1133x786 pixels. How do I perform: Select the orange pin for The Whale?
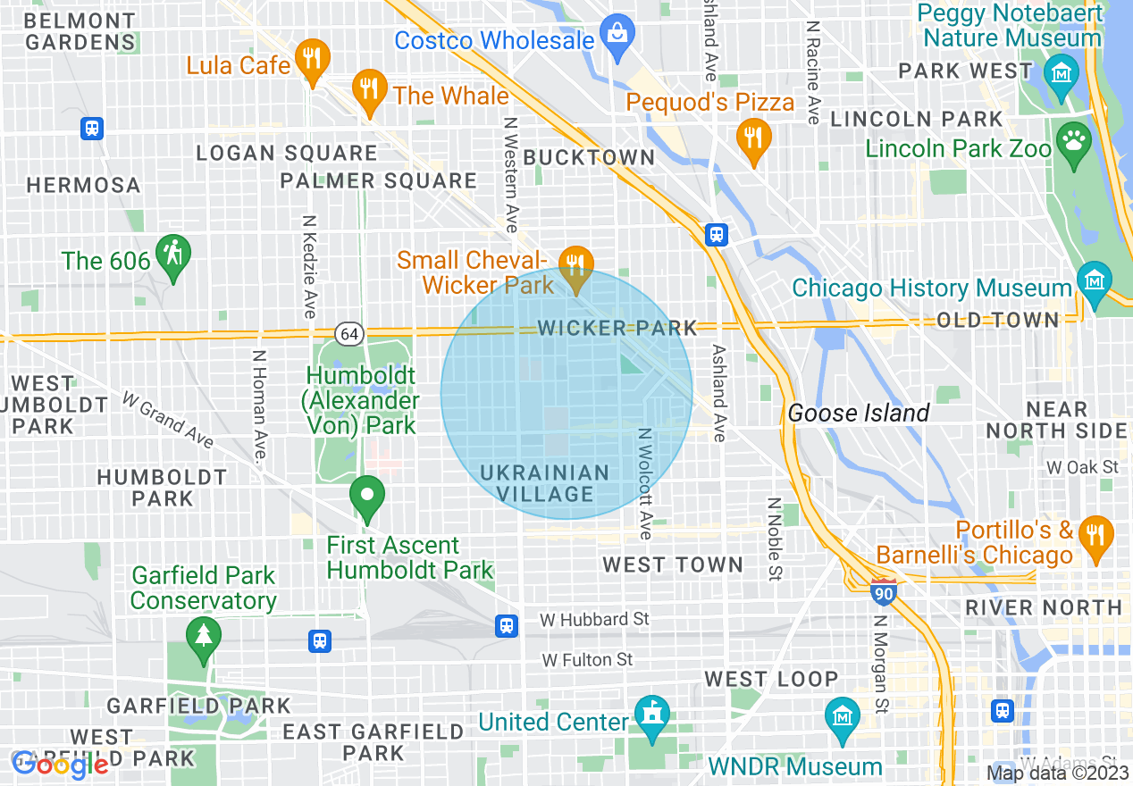(368, 90)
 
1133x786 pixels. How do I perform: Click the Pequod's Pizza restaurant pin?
(754, 138)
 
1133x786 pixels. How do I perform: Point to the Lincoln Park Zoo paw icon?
(1072, 140)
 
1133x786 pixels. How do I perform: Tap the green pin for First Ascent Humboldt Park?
(366, 496)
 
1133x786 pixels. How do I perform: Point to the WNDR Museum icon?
(843, 716)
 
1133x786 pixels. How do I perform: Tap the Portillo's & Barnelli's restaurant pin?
(1095, 533)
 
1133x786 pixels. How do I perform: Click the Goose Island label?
(858, 413)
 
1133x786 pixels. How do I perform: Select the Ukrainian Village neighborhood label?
(545, 483)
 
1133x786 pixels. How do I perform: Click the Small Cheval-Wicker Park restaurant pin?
(576, 265)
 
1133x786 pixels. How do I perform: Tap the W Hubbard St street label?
(594, 619)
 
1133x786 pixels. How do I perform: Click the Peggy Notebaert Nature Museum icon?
(1062, 71)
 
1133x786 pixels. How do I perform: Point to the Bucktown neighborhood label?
(589, 157)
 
